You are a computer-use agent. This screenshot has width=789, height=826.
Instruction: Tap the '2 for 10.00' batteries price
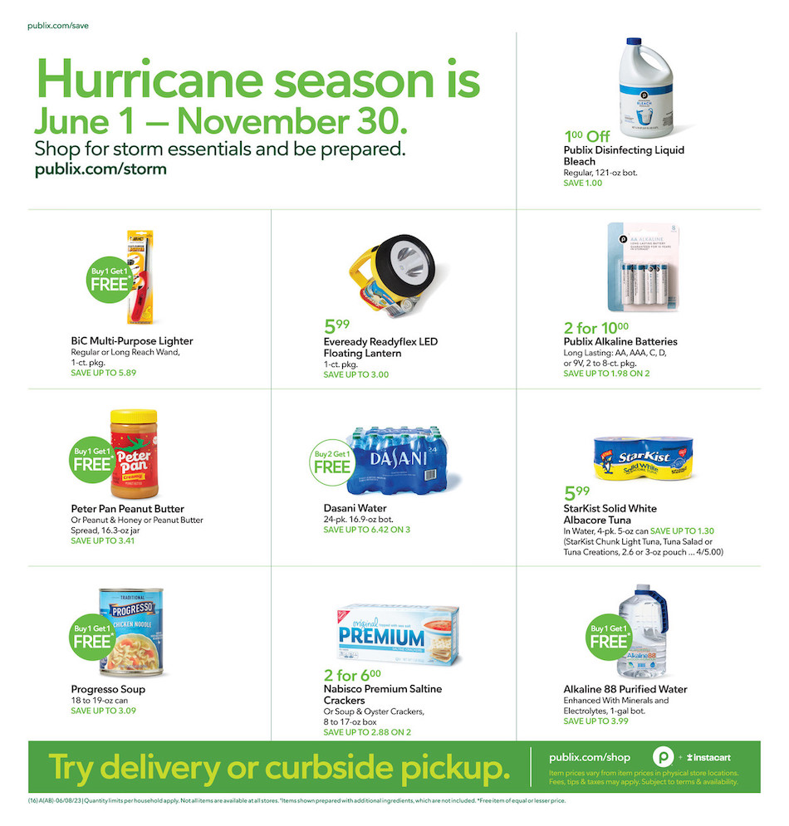pyautogui.click(x=595, y=327)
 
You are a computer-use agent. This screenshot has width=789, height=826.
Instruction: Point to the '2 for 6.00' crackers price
pyautogui.click(x=352, y=675)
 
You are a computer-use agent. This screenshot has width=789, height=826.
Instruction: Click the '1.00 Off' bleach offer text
pyautogui.click(x=587, y=136)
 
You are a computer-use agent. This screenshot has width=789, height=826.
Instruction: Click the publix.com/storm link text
pyautogui.click(x=100, y=169)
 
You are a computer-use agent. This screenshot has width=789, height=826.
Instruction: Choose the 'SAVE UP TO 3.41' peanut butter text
pyautogui.click(x=102, y=540)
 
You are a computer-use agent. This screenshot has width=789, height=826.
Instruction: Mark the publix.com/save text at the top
pyautogui.click(x=58, y=26)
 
